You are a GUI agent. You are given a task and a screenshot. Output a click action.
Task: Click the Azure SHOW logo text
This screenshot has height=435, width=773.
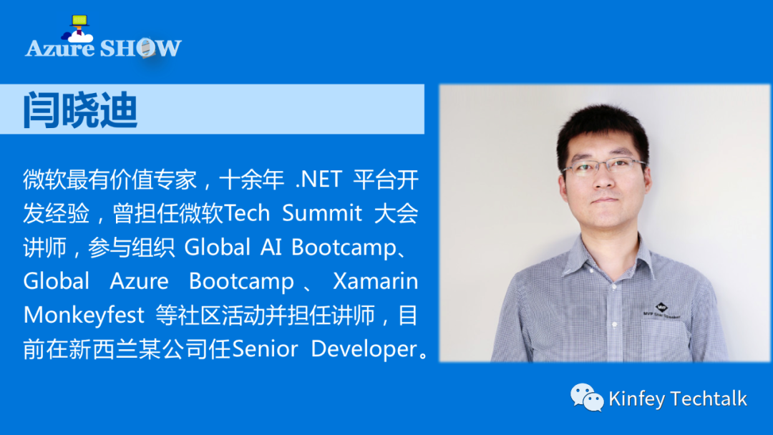(104, 48)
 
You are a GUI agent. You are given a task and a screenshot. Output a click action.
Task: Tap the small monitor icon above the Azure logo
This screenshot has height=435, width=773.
(79, 20)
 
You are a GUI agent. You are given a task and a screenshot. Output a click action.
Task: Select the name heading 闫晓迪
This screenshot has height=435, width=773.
(80, 109)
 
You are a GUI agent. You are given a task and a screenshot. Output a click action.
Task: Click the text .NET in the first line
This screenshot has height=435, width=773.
(319, 180)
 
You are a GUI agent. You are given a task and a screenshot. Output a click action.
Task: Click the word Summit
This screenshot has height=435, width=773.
(322, 213)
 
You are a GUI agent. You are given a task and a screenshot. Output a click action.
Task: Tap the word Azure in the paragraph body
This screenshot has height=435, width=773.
(139, 281)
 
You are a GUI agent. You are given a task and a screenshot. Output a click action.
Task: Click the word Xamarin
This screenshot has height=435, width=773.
(376, 280)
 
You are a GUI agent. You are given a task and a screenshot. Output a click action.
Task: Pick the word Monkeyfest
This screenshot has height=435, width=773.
(84, 316)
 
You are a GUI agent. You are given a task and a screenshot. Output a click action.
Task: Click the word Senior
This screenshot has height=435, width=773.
(265, 349)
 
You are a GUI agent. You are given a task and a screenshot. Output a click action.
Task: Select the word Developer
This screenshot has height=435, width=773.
(364, 349)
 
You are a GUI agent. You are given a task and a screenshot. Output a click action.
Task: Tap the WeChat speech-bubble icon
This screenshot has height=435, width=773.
(587, 397)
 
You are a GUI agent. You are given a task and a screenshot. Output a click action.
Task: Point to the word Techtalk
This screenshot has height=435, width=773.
(709, 398)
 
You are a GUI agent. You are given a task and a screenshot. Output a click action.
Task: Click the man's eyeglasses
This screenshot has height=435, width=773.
(604, 167)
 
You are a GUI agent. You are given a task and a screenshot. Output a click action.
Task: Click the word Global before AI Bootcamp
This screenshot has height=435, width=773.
(218, 247)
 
